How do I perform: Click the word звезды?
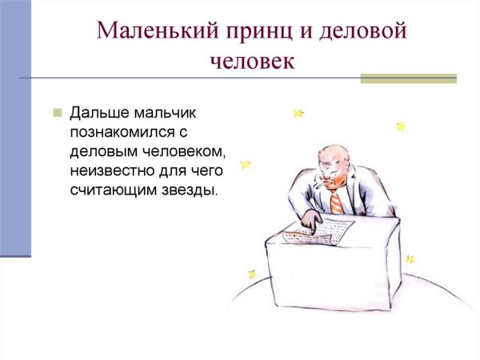190,191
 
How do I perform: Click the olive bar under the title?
408,78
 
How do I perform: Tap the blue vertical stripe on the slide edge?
15,128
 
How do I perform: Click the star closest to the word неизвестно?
246,165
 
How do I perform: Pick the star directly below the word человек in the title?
298,114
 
